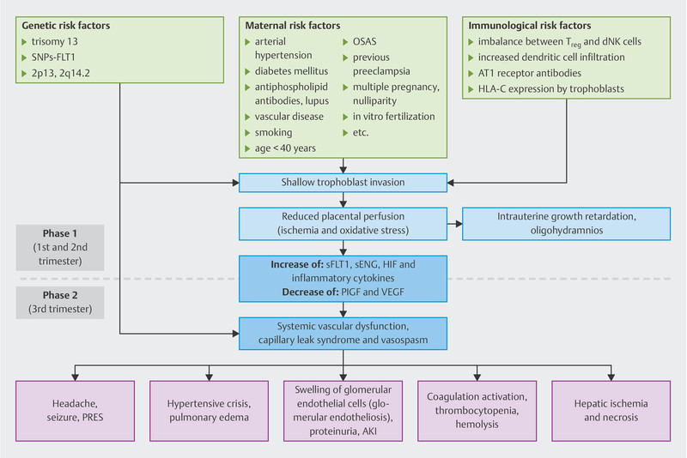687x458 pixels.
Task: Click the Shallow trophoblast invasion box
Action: [343, 183]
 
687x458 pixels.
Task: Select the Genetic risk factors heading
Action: [66, 26]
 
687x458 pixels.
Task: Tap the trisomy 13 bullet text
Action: [55, 41]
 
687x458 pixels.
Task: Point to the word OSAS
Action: [364, 41]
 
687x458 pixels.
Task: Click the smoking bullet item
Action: [273, 132]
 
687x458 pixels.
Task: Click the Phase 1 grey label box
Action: [60, 248]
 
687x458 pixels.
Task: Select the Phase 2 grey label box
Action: [60, 302]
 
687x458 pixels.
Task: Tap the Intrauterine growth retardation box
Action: [567, 224]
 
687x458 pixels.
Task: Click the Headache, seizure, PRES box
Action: [75, 411]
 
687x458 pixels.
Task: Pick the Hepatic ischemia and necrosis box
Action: [611, 411]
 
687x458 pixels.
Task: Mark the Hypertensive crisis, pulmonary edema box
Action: [209, 411]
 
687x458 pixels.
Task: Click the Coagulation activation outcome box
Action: [477, 411]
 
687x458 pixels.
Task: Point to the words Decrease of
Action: [310, 292]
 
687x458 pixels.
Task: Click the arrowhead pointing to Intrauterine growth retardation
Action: [459, 224]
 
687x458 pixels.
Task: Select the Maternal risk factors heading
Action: [293, 26]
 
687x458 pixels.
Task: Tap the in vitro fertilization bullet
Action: [394, 117]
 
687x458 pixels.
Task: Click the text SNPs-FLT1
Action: [53, 57]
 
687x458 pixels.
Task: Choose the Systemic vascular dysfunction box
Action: [343, 334]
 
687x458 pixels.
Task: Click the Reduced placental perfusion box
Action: [343, 224]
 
